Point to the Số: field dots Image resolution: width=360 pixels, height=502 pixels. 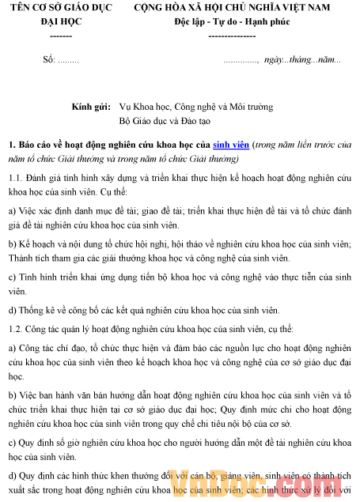click(68, 60)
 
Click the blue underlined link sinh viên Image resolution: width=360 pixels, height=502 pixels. click(231, 145)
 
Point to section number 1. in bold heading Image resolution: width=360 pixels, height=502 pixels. click(12, 145)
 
